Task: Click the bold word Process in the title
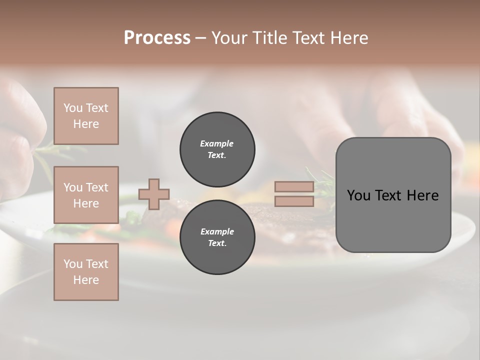[x=157, y=38]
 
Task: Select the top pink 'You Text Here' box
[x=86, y=116]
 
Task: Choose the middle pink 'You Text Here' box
[x=86, y=195]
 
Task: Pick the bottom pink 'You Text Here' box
[x=86, y=272]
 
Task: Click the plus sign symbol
[x=154, y=194]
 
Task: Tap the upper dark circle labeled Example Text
[x=217, y=149]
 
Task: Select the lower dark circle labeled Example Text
[x=217, y=237]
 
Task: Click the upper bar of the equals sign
[x=294, y=187]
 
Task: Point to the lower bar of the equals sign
[x=294, y=201]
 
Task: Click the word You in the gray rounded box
[x=358, y=195]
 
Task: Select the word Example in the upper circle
[x=217, y=143]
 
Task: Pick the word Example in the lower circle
[x=217, y=231]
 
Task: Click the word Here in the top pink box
[x=86, y=124]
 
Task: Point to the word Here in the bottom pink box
[x=86, y=280]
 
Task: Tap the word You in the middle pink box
[x=72, y=187]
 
